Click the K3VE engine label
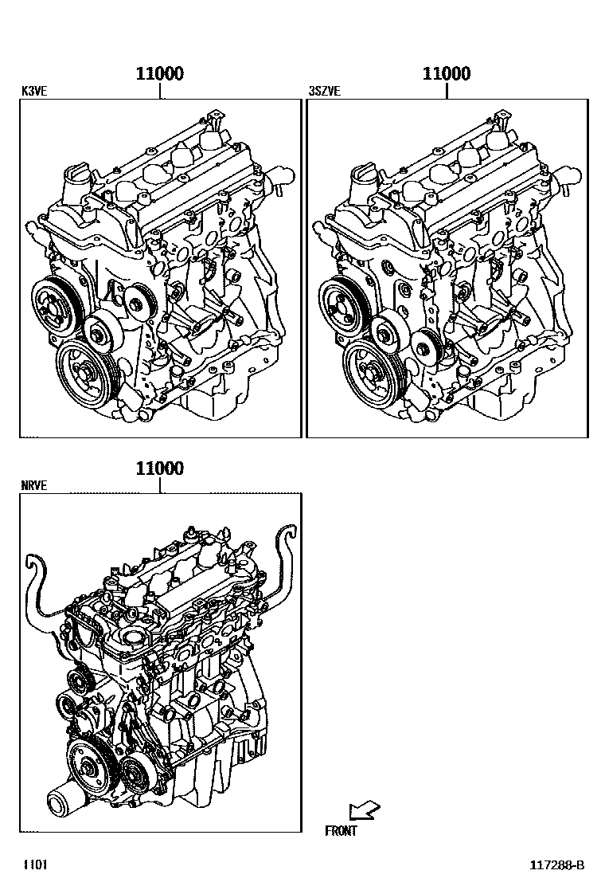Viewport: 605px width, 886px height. click(33, 92)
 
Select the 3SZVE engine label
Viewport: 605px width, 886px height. click(324, 92)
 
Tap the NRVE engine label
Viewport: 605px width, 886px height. click(34, 485)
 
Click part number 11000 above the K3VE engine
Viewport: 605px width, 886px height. click(160, 74)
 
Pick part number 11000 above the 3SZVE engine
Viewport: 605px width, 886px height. click(446, 74)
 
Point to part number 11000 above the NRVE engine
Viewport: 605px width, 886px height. click(160, 468)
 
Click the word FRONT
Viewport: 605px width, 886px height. click(341, 831)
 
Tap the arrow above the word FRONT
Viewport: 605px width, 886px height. click(365, 811)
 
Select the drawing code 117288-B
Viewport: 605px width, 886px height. click(558, 865)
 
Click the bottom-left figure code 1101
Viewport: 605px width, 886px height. click(33, 865)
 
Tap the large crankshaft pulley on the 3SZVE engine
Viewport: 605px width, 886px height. click(372, 368)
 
